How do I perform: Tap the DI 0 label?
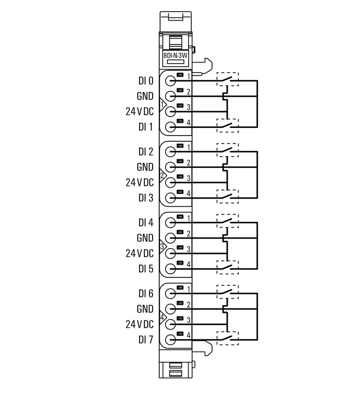146,81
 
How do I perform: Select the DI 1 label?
146,127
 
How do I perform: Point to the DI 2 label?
146,152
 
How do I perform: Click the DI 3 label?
146,198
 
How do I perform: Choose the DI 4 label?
146,222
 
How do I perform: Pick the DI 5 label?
146,269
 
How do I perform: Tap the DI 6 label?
146,294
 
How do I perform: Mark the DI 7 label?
146,339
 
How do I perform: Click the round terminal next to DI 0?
170,81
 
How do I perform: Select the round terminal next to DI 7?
170,339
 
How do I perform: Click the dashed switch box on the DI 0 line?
228,79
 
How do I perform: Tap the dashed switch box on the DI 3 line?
228,196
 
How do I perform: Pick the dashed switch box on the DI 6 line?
228,292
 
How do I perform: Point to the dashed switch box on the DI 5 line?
228,267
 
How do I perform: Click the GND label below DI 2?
145,167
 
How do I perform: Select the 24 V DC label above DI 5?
139,253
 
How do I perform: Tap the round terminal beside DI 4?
170,222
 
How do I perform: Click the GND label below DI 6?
145,309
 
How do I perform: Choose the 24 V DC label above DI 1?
139,111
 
